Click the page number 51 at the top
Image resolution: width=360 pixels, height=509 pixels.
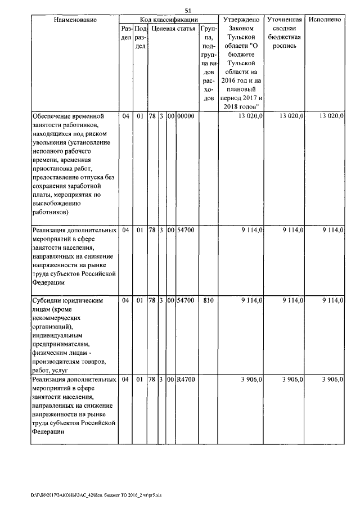click(188, 10)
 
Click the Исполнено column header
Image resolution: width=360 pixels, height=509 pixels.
click(325, 20)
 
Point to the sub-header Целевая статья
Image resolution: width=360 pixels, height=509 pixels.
click(173, 28)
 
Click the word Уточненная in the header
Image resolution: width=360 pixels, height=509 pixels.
click(285, 20)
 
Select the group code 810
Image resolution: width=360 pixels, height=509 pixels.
click(208, 301)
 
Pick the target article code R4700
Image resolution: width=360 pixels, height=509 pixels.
click(185, 380)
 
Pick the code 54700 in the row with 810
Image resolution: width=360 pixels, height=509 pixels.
click(185, 301)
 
